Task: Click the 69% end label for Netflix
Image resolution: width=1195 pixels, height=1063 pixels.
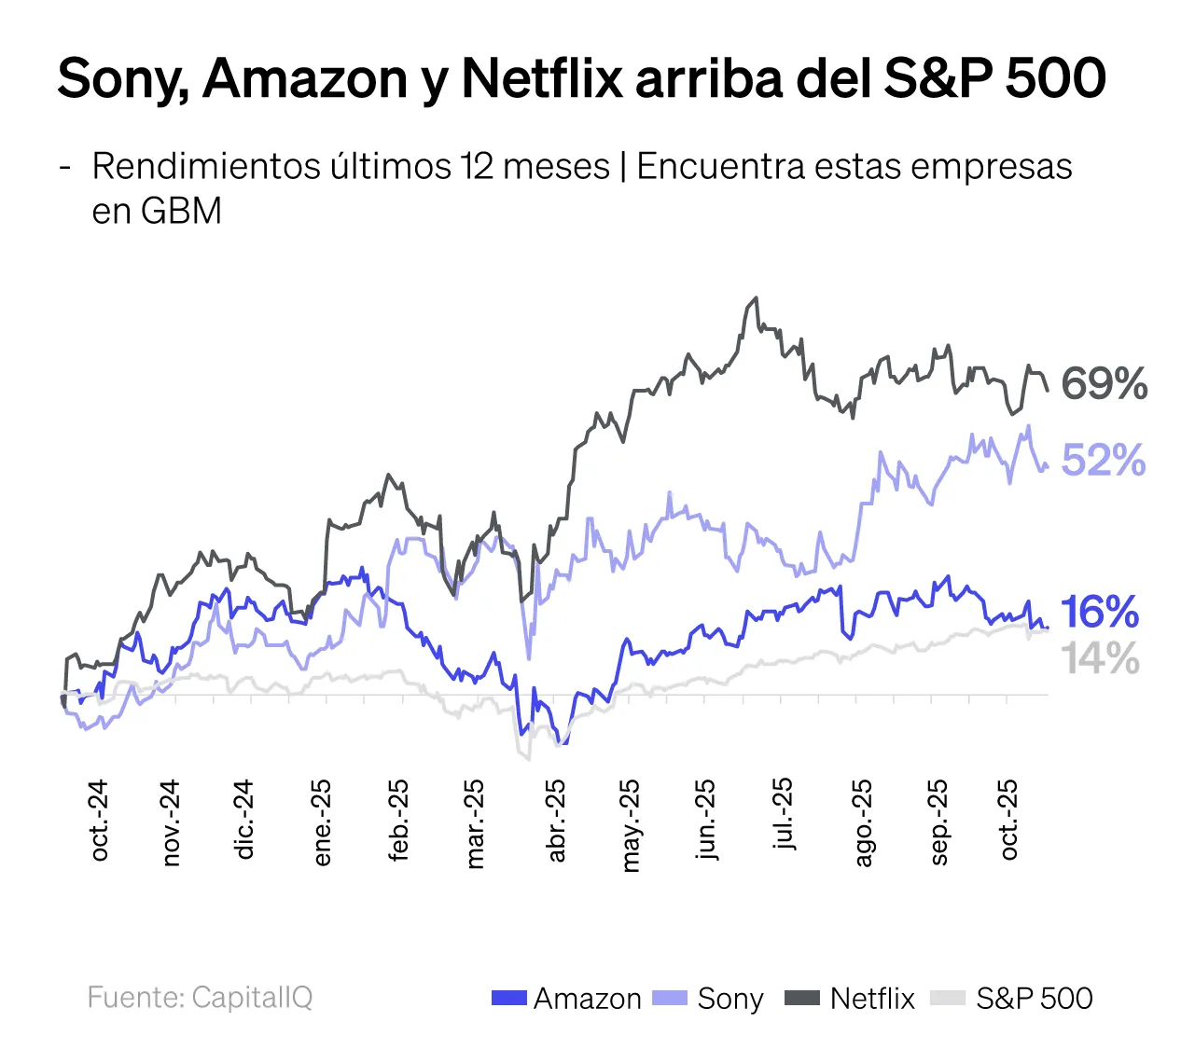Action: point(1104,384)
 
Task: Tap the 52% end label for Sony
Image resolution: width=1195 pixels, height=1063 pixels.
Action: point(1104,460)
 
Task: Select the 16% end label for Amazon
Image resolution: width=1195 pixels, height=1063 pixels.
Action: point(1100,612)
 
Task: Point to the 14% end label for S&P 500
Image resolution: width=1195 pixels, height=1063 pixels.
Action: point(1101,658)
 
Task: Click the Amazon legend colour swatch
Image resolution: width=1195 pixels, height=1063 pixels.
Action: point(509,999)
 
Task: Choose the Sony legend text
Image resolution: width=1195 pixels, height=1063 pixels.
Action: point(730,999)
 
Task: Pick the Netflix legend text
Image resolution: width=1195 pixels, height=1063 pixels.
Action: point(872,999)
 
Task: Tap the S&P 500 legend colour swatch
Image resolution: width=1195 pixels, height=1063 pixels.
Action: point(948,999)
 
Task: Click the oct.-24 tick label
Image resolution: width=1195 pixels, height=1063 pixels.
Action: point(99,821)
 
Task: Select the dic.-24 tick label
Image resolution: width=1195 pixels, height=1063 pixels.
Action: point(244,821)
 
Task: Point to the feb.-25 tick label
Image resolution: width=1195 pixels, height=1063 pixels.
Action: point(398,821)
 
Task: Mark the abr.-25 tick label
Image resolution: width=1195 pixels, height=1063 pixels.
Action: point(556,821)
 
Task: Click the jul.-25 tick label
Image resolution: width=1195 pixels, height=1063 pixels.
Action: point(785,814)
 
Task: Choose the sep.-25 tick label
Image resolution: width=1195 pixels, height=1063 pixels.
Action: point(938,822)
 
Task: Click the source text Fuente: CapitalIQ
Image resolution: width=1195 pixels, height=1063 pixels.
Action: point(200,997)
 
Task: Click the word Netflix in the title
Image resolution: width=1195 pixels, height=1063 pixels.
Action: point(541,78)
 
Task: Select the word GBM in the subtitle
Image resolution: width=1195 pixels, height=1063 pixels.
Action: point(181,211)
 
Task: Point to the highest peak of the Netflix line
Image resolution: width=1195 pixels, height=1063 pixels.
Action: point(756,298)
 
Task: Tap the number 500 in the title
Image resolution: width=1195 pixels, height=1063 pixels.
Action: point(1056,78)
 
